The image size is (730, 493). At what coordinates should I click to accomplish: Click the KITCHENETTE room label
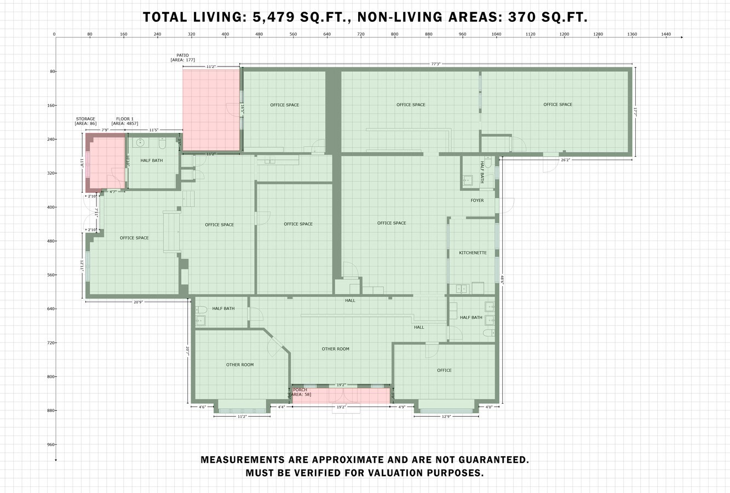pyautogui.click(x=473, y=253)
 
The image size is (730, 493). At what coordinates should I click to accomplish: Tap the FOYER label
pyautogui.click(x=477, y=200)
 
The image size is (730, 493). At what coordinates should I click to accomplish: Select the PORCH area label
pyautogui.click(x=300, y=392)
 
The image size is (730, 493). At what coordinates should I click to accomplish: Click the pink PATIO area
pyautogui.click(x=211, y=110)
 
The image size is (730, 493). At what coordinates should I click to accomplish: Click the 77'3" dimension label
pyautogui.click(x=435, y=64)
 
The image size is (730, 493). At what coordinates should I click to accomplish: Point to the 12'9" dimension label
pyautogui.click(x=446, y=417)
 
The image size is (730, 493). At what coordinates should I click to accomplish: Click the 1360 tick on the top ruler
pyautogui.click(x=632, y=35)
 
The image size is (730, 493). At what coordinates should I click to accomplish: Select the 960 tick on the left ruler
pyautogui.click(x=51, y=445)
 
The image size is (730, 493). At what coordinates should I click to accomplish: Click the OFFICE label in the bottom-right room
pyautogui.click(x=444, y=370)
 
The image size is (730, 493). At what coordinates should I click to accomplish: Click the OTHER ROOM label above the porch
pyautogui.click(x=335, y=349)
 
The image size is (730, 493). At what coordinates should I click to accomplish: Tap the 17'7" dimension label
pyautogui.click(x=635, y=112)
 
